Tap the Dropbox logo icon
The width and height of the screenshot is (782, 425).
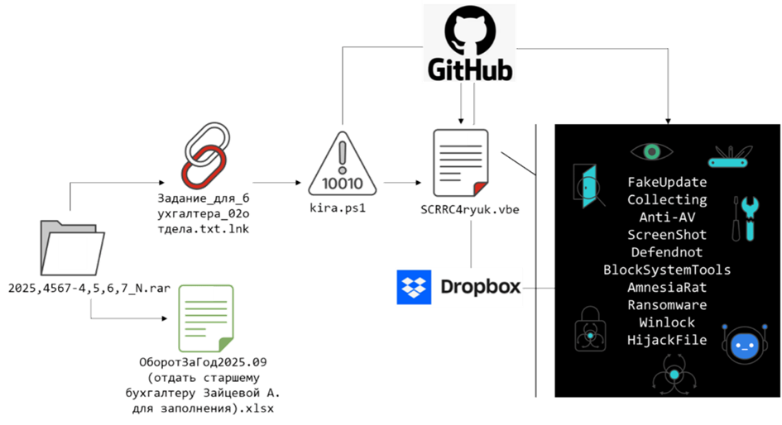[414, 285]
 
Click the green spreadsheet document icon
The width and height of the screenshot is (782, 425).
[204, 318]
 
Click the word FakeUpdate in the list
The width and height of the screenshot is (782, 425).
[667, 182]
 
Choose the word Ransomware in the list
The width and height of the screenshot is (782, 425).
[667, 305]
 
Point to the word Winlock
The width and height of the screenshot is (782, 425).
[667, 322]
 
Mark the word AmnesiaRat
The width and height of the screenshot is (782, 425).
[667, 288]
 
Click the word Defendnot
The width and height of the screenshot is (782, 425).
[667, 252]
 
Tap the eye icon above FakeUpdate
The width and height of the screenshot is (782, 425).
[652, 151]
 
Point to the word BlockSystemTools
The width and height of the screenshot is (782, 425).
[667, 270]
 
